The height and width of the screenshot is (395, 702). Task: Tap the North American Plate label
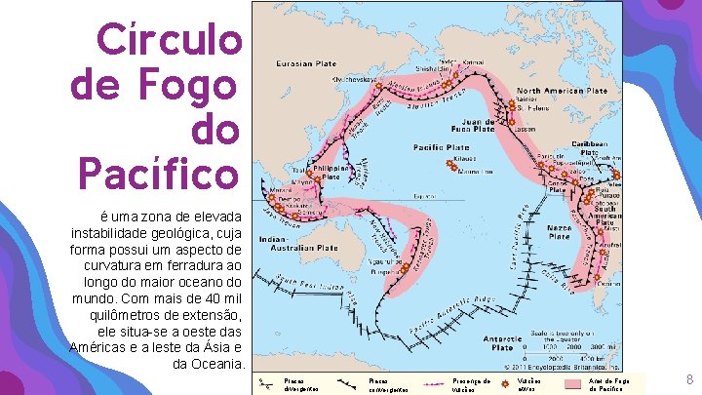coord(563,91)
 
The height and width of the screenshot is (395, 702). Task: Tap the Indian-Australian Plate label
coord(298,244)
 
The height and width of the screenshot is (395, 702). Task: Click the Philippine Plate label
coord(333,174)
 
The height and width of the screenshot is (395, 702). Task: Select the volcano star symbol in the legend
coord(506,383)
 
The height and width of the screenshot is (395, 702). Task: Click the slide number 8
coord(689,379)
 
